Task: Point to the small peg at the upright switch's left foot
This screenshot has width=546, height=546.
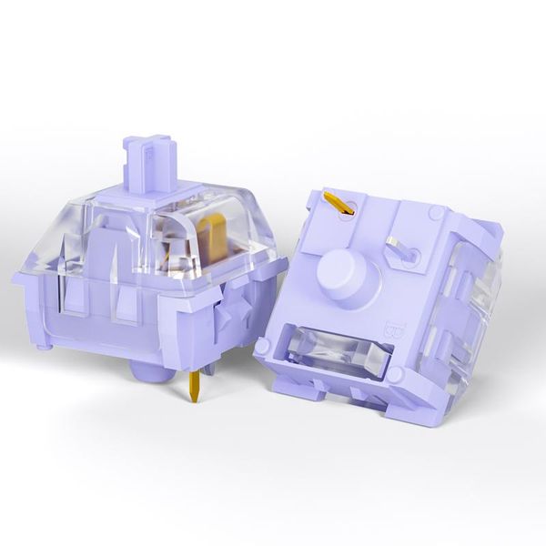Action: tap(42, 344)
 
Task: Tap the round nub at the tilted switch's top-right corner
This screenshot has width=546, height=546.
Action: tap(438, 212)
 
